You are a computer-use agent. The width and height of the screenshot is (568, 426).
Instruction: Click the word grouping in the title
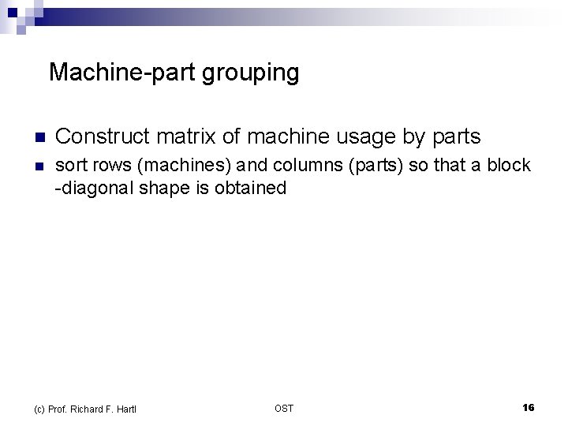(x=251, y=73)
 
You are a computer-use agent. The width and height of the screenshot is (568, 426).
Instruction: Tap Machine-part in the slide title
(x=122, y=73)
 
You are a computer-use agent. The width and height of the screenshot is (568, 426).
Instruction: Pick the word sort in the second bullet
(x=70, y=166)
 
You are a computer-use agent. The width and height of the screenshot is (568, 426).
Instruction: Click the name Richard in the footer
(x=92, y=408)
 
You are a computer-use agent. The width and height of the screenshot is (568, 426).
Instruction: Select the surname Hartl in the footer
(x=126, y=408)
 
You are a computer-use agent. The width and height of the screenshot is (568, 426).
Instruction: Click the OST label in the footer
(x=284, y=408)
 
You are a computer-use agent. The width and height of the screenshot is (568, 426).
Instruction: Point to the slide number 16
(x=528, y=407)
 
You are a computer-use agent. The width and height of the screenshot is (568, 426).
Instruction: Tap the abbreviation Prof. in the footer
(x=58, y=408)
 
